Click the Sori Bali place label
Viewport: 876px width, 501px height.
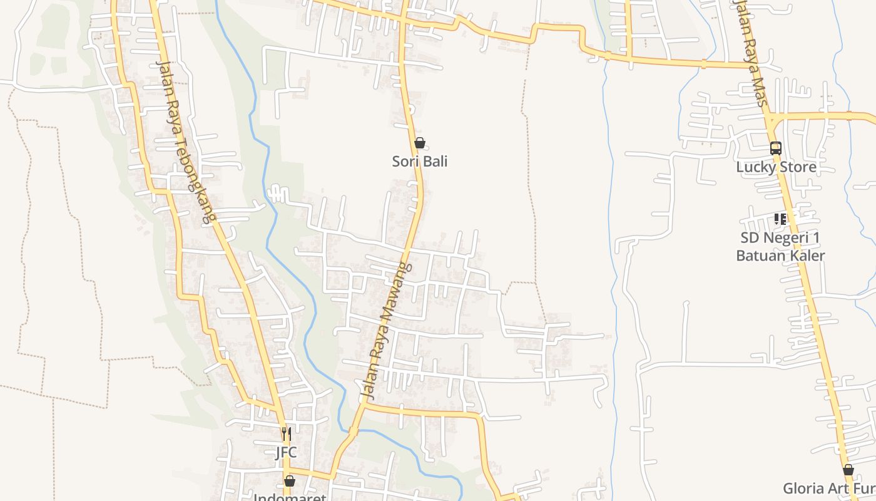tap(420, 162)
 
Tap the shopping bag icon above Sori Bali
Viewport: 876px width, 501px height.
tap(420, 143)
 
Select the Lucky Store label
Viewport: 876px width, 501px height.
tap(776, 167)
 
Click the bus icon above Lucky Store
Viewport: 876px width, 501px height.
tap(776, 148)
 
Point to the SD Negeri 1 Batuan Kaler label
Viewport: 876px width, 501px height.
tap(780, 247)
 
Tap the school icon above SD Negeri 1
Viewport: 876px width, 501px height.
tap(780, 219)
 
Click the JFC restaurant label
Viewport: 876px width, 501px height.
tap(286, 452)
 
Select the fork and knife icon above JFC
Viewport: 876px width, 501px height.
tap(286, 433)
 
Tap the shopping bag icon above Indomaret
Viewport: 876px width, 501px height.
tap(290, 481)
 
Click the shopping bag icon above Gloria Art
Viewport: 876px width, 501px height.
tap(848, 470)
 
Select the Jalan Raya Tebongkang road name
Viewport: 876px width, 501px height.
tap(185, 142)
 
